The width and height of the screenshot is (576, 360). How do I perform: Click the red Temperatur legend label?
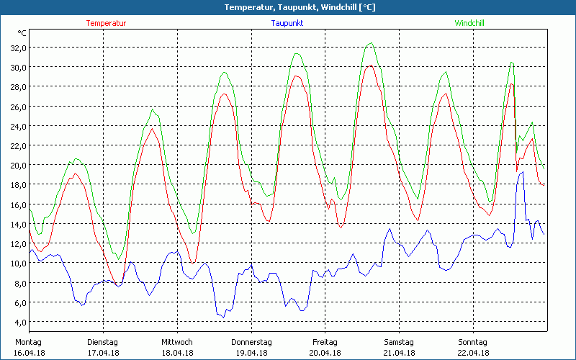[x=106, y=23]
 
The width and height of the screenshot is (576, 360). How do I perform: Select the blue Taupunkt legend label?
[x=287, y=23]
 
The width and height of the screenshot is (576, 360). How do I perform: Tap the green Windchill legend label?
[x=469, y=23]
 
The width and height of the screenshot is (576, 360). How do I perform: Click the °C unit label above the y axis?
[x=22, y=33]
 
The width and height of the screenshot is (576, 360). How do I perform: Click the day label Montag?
[x=29, y=342]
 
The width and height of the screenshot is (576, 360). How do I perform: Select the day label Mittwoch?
[x=176, y=342]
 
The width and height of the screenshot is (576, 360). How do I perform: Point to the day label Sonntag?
[x=473, y=342]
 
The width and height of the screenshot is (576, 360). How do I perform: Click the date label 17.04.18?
[x=102, y=353]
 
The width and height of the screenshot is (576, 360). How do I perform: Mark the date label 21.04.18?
[x=400, y=353]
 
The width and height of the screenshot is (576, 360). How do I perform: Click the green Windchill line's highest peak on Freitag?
[x=371, y=43]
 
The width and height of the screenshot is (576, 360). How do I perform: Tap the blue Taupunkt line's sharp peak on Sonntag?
[x=521, y=171]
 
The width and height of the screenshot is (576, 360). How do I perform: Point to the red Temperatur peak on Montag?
[x=75, y=174]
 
